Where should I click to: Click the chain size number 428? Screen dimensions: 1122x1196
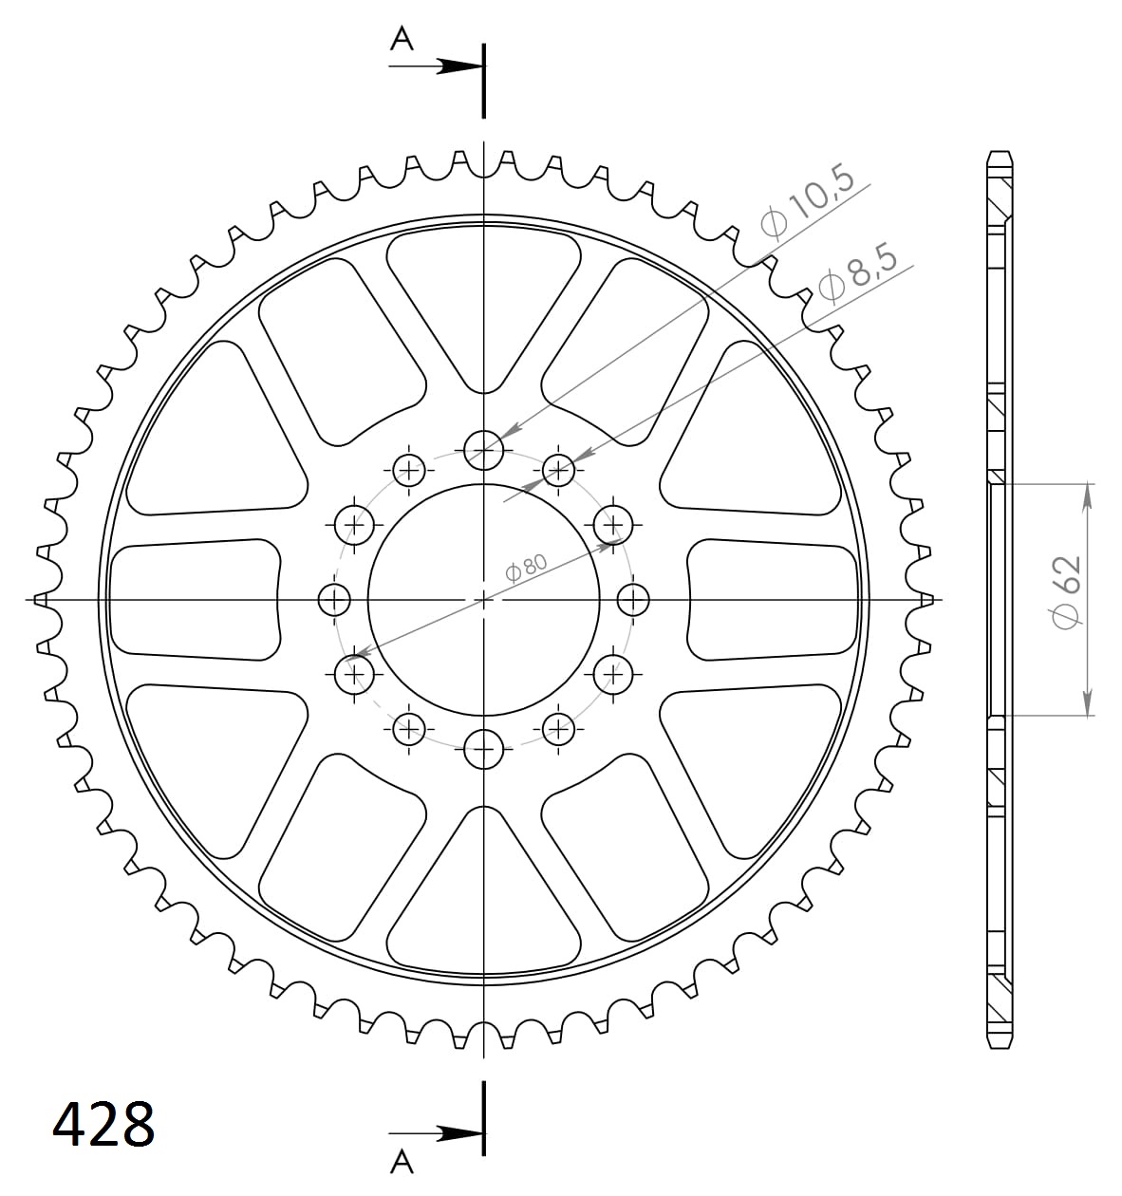tap(103, 1125)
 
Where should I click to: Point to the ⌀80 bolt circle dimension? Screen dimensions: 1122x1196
tap(527, 569)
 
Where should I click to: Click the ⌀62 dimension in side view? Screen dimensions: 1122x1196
tap(1065, 592)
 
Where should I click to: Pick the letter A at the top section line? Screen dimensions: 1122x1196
tap(402, 40)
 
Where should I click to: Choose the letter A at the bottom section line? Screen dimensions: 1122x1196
tap(402, 1173)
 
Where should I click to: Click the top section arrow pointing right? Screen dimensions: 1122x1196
tap(436, 66)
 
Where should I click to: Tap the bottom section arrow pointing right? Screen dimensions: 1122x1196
tap(436, 1133)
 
